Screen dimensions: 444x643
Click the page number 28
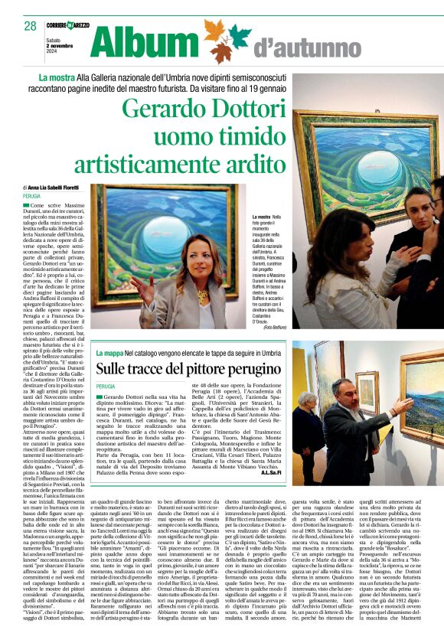point(30,26)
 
